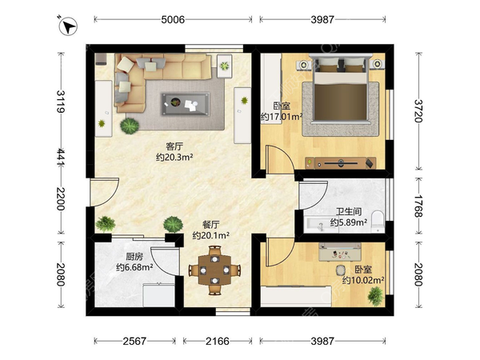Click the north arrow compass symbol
tap(68, 26)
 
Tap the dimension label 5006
tap(173, 19)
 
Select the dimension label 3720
tap(418, 111)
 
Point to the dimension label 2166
tap(218, 341)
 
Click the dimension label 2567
tap(134, 341)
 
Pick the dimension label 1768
tap(418, 206)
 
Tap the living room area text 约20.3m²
tap(174, 158)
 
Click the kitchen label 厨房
tap(134, 257)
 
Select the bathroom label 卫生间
tap(349, 211)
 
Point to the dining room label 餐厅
tap(211, 225)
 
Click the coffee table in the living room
tap(186, 104)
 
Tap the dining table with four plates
tap(215, 270)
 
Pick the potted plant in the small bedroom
tap(375, 296)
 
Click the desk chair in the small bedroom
tap(341, 270)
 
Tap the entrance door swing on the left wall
tap(104, 192)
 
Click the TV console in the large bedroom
tap(341, 163)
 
